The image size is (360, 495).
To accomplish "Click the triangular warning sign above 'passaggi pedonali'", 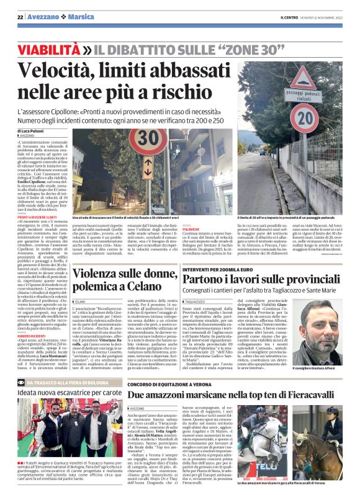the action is click(303, 78).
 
